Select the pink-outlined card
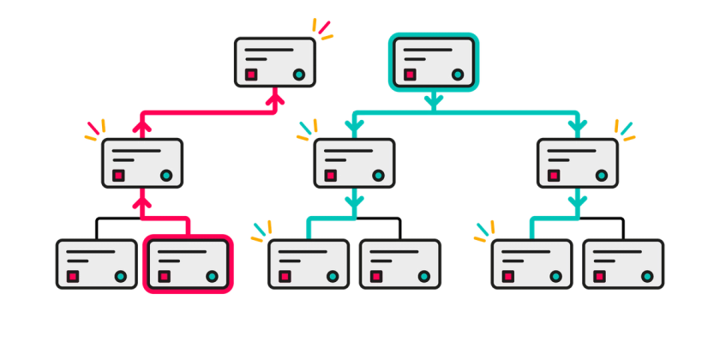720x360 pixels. (x=188, y=263)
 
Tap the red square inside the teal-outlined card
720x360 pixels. (x=411, y=75)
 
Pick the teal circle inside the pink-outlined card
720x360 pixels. (x=212, y=277)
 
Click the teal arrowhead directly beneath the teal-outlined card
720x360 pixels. (x=434, y=101)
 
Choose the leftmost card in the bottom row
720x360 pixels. (x=97, y=263)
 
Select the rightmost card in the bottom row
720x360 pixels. (x=623, y=263)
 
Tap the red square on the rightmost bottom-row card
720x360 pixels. (x=600, y=277)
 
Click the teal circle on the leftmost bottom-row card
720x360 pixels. (x=121, y=277)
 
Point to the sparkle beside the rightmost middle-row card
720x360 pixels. (x=625, y=129)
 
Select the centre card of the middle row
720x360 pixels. (x=354, y=162)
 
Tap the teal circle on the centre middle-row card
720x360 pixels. (x=378, y=176)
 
